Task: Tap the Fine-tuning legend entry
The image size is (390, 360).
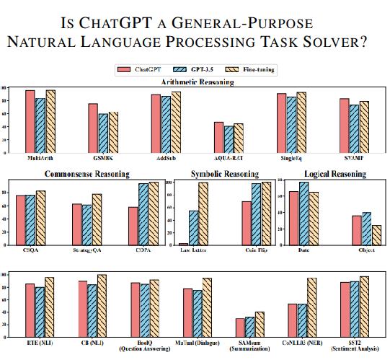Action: tap(244, 70)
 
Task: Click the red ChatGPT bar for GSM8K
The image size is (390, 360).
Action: tap(93, 128)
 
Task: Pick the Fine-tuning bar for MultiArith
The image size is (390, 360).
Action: tap(50, 121)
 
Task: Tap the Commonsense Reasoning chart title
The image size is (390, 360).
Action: tap(87, 174)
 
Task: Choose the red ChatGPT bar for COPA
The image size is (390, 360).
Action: tap(133, 226)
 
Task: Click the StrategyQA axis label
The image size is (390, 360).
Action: tap(87, 250)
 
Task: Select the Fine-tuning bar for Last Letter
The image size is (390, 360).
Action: tap(203, 214)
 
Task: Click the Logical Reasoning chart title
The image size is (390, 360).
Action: tap(334, 174)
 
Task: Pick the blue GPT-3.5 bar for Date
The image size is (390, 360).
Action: tap(303, 213)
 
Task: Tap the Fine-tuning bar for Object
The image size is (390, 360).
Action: tap(376, 235)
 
